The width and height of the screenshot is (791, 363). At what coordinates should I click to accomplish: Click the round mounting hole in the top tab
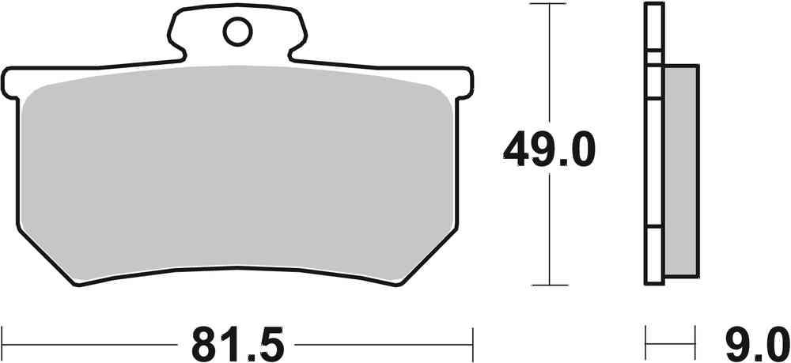[x=236, y=32]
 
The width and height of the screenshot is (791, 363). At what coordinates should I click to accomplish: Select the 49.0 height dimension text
[x=547, y=149]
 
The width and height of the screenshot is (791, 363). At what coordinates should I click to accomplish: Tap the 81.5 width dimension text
[x=233, y=344]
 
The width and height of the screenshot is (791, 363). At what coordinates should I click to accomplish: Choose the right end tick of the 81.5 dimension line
[x=472, y=344]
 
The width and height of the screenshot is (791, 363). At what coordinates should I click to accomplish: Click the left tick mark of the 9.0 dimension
[x=647, y=344]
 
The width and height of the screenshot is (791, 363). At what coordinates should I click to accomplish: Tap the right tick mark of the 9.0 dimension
[x=697, y=344]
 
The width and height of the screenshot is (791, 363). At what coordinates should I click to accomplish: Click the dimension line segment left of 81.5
[x=87, y=344]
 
